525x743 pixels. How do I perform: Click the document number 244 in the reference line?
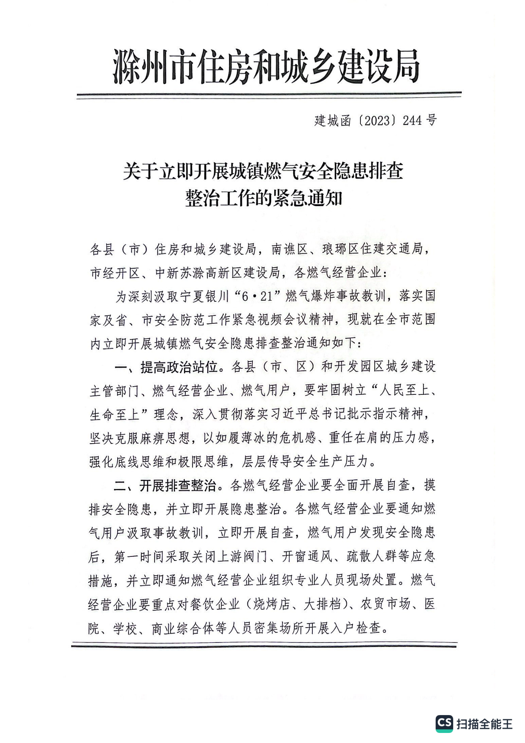pyautogui.click(x=412, y=120)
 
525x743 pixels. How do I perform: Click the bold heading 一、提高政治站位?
pyautogui.click(x=166, y=367)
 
